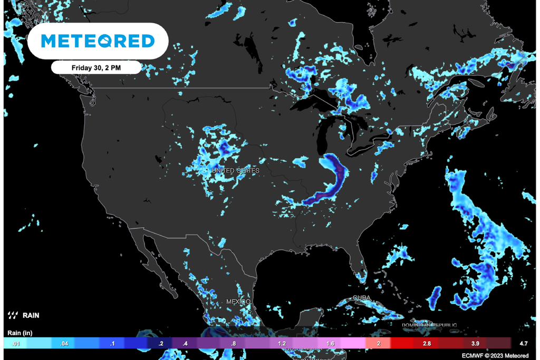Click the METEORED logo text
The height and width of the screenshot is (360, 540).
click(98, 41)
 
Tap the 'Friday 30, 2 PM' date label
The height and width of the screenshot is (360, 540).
click(97, 67)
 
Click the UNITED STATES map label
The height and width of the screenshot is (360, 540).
click(235, 171)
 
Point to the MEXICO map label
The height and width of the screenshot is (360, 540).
click(237, 301)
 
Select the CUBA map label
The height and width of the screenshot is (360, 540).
click(361, 298)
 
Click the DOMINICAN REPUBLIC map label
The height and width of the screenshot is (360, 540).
click(429, 325)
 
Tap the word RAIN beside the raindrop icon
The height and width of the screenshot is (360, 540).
click(31, 316)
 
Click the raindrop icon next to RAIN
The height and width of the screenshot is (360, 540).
click(13, 316)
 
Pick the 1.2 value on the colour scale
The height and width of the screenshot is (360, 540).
click(282, 343)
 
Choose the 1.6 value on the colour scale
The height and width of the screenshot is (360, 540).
click(331, 343)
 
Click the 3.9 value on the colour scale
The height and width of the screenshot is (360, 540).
click(475, 343)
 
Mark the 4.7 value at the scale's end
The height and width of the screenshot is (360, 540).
click(524, 343)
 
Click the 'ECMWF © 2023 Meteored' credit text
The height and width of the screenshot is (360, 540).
click(495, 356)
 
